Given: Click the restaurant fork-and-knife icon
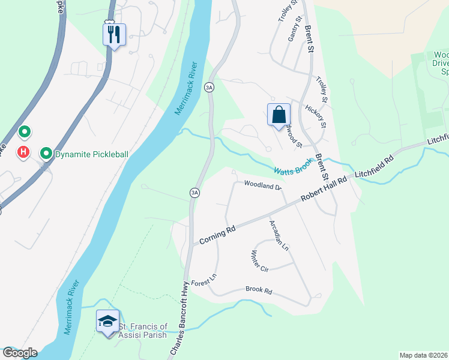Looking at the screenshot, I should (x=114, y=34).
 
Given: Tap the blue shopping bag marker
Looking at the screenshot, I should (x=279, y=115).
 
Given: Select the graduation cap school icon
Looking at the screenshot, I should (x=108, y=321).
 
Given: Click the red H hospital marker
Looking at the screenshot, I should (x=23, y=152).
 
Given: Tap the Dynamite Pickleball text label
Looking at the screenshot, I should (x=92, y=154).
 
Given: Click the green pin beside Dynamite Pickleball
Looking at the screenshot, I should (x=46, y=154).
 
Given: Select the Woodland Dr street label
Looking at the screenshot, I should (x=262, y=186).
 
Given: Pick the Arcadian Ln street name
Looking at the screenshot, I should (x=279, y=235).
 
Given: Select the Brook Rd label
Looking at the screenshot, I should (x=259, y=290).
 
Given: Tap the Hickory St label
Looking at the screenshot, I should (x=314, y=116).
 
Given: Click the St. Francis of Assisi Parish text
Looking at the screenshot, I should (x=142, y=331).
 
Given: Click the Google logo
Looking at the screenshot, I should (x=19, y=353).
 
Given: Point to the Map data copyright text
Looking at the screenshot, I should (x=423, y=355).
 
